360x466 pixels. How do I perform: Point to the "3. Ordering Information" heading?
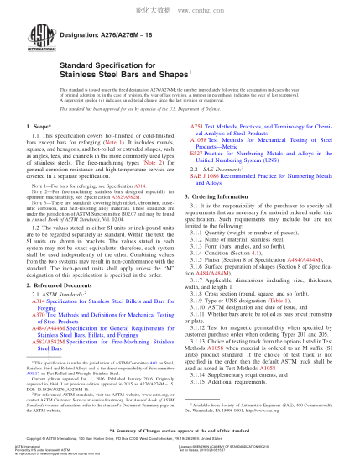(222, 194)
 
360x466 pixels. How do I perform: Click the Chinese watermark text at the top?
(179, 6)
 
